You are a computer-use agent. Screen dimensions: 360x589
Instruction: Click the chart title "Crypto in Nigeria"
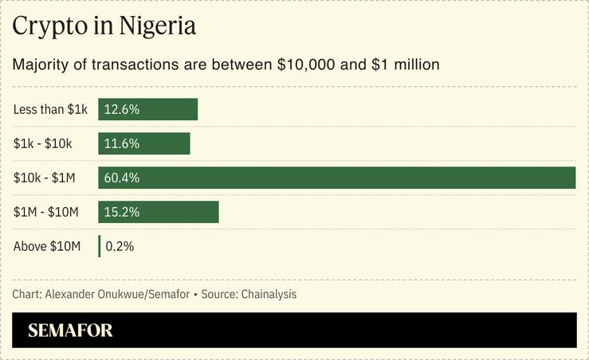tap(104, 26)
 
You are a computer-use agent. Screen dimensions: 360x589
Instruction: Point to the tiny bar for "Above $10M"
tap(100, 246)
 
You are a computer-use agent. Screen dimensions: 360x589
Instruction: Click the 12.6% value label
tap(122, 109)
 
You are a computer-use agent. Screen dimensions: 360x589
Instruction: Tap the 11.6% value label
tap(122, 143)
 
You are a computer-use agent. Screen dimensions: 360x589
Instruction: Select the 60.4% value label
tap(122, 178)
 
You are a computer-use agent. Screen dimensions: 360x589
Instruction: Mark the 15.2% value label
tap(122, 212)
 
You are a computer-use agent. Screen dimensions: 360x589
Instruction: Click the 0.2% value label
tap(120, 246)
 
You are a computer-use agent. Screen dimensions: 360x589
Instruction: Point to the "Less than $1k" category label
tap(50, 109)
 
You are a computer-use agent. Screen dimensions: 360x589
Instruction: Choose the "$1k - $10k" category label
tap(43, 143)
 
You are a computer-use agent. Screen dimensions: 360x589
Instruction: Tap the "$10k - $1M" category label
tap(45, 178)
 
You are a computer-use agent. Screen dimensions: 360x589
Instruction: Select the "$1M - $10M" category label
tap(46, 212)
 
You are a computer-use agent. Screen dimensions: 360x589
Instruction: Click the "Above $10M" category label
tap(47, 246)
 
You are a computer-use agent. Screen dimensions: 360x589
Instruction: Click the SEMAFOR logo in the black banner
tap(70, 331)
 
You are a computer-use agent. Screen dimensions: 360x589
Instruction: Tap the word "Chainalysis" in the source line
tap(265, 295)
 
